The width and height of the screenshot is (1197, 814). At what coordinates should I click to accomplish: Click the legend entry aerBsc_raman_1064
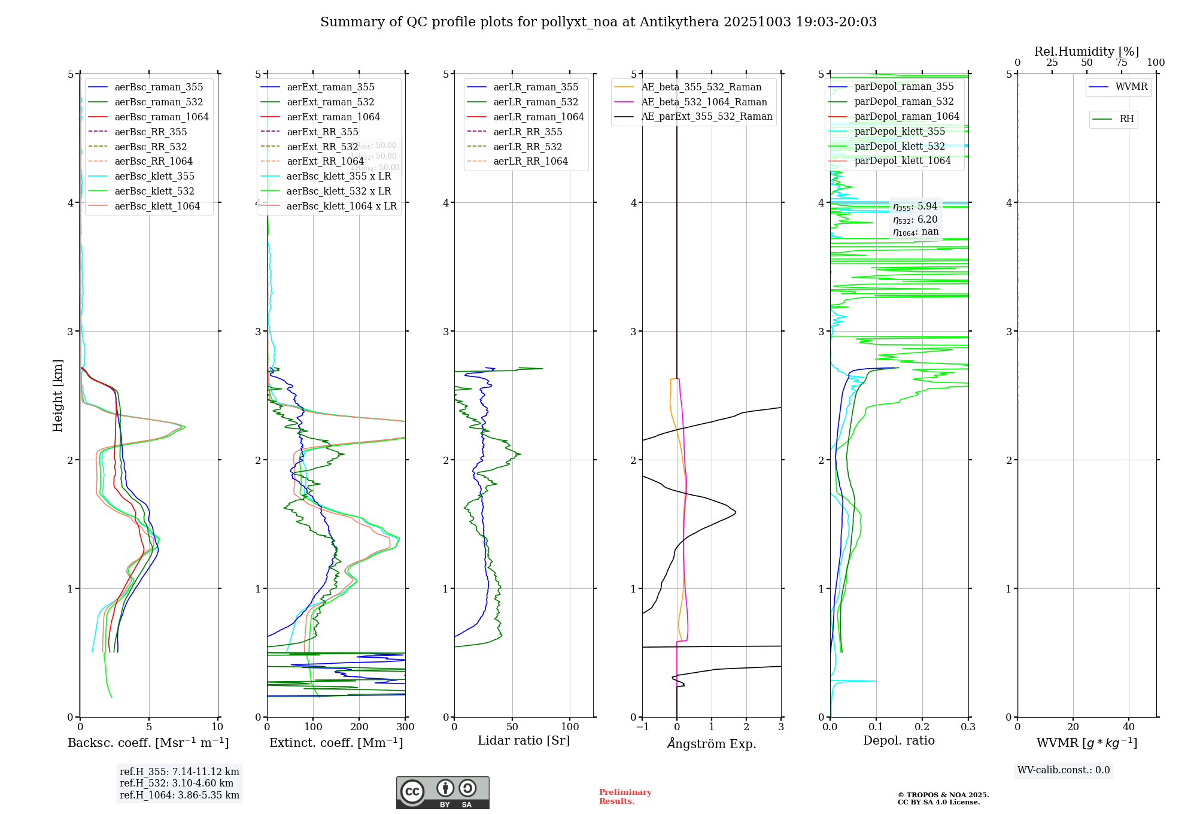pos(162,117)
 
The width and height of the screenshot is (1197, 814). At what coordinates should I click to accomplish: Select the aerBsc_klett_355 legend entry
pos(154,176)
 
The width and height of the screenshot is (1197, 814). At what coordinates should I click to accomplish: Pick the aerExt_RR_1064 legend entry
pos(325,161)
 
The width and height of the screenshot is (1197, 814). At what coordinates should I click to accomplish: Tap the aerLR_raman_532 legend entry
pos(536,102)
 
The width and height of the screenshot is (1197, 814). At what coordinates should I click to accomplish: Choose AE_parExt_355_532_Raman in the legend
pos(706,116)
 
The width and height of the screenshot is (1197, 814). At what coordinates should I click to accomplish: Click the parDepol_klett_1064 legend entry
pos(902,160)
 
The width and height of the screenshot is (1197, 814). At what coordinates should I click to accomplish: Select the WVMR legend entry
pos(1131,87)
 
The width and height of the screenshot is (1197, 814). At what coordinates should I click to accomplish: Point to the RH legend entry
pos(1126,119)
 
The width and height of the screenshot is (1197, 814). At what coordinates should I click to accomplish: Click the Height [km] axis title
pos(57,396)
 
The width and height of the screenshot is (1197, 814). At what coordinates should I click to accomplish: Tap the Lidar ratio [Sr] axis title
pos(524,740)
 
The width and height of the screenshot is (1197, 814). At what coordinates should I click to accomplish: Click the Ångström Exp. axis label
pos(712,743)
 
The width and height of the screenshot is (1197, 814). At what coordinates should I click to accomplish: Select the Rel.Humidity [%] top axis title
pos(1086,51)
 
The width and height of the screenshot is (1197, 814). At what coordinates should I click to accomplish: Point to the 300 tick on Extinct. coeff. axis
pos(405,727)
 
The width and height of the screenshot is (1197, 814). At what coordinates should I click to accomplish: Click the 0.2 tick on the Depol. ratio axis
pos(922,727)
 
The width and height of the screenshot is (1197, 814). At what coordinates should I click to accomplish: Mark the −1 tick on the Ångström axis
pos(642,727)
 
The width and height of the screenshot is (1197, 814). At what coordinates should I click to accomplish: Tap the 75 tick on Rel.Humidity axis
pos(1121,63)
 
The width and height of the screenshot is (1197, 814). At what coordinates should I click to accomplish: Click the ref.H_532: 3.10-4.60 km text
pos(177,783)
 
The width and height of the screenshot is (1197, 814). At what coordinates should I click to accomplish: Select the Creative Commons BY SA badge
pos(442,792)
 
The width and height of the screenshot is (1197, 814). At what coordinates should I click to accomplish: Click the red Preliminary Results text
pos(625,796)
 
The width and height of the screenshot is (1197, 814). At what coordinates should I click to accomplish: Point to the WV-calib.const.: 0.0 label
pos(1064,770)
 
